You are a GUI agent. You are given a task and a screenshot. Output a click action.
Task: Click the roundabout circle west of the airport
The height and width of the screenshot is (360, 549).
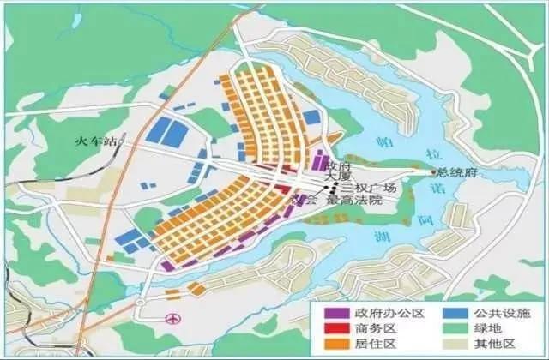(x=137, y=304)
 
